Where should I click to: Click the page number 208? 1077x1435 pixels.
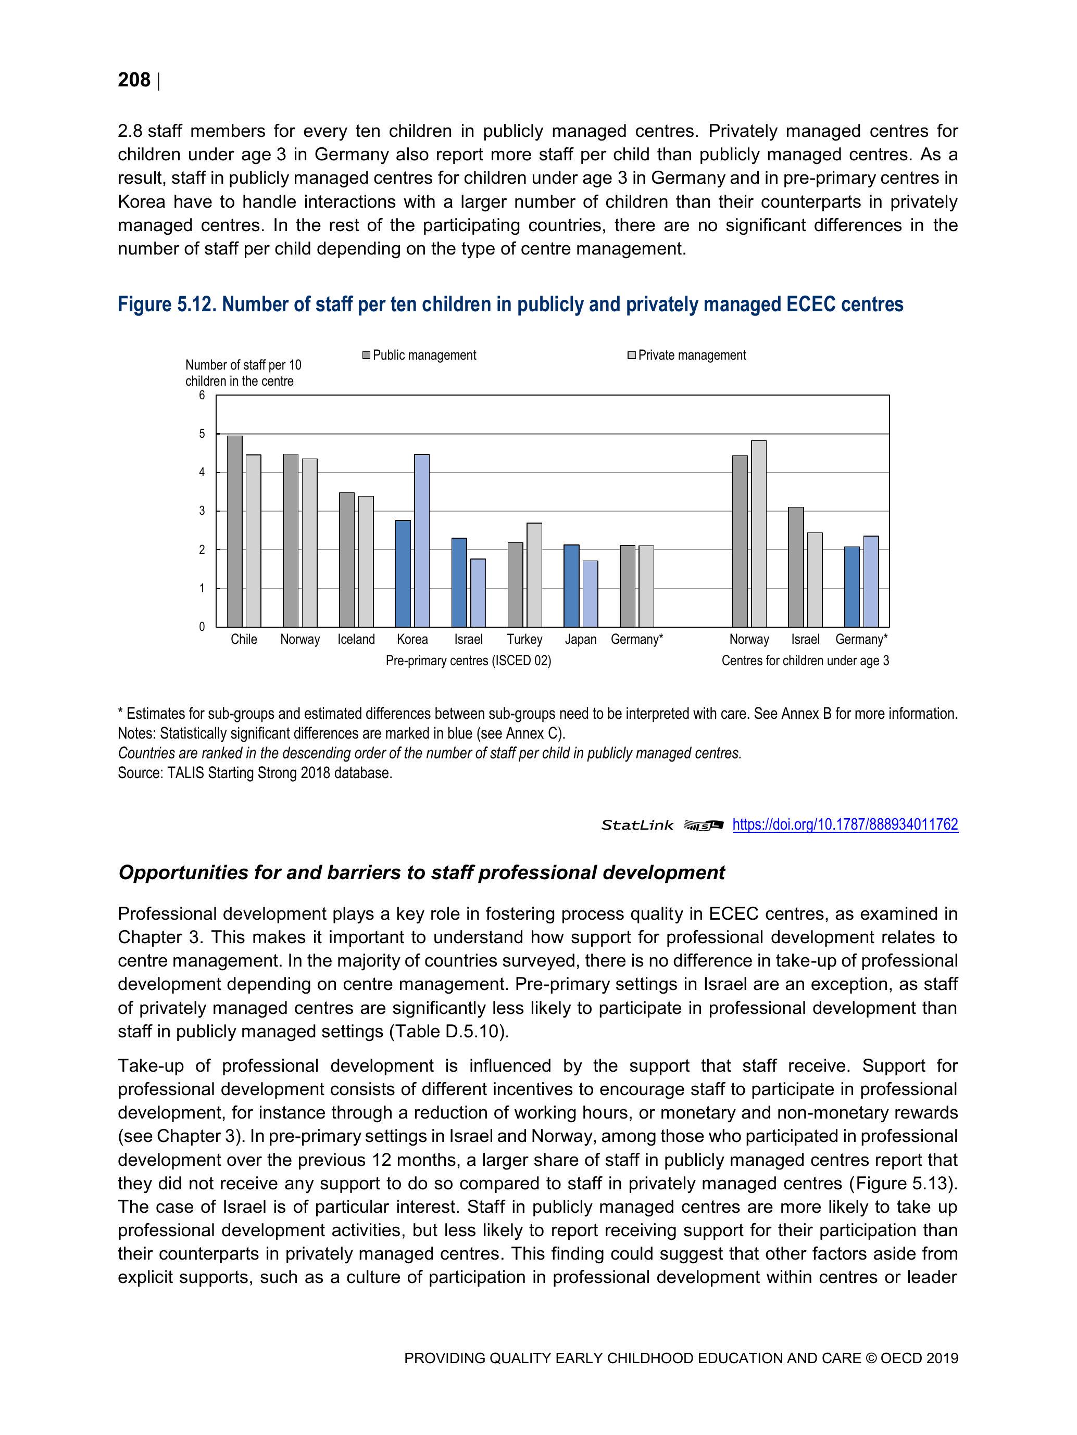click(x=134, y=80)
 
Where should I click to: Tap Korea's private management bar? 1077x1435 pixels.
click(x=421, y=540)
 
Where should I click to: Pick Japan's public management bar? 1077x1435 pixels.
click(x=571, y=585)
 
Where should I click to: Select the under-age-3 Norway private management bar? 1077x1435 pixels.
click(x=758, y=534)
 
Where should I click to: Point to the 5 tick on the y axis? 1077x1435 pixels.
click(x=202, y=434)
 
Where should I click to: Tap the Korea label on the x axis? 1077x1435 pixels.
click(x=412, y=639)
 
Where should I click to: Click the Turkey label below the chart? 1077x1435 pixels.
click(x=524, y=639)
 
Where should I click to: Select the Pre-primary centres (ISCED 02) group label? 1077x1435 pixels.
click(x=468, y=661)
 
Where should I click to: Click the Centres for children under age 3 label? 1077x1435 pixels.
click(x=805, y=661)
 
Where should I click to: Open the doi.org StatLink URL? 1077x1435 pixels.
click(x=845, y=824)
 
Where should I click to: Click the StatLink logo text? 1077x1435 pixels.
click(x=637, y=825)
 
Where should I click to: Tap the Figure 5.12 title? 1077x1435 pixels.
click(x=510, y=304)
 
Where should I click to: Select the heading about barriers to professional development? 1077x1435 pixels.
click(x=421, y=872)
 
